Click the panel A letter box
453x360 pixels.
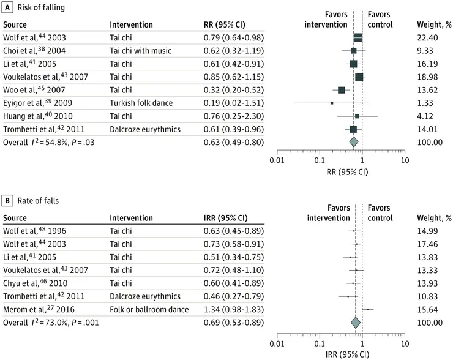(7, 7)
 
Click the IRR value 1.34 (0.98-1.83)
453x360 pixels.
(233, 309)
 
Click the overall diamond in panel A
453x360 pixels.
(353, 141)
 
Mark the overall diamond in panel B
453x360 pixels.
(355, 322)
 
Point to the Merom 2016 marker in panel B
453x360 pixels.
(367, 309)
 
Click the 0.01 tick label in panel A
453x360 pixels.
(277, 160)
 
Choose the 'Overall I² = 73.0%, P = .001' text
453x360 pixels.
(48, 322)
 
